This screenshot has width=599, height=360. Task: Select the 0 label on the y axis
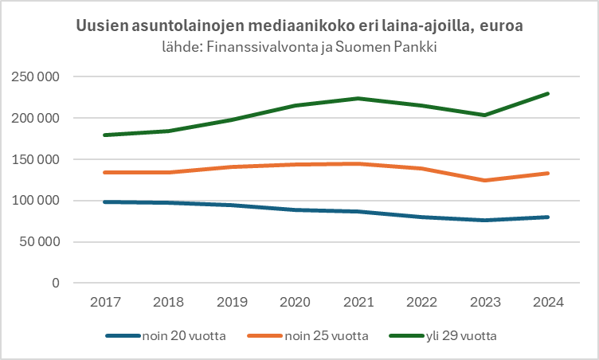tap(56, 283)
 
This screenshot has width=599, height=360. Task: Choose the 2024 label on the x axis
tap(549, 303)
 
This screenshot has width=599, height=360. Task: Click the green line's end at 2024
tap(549, 93)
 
